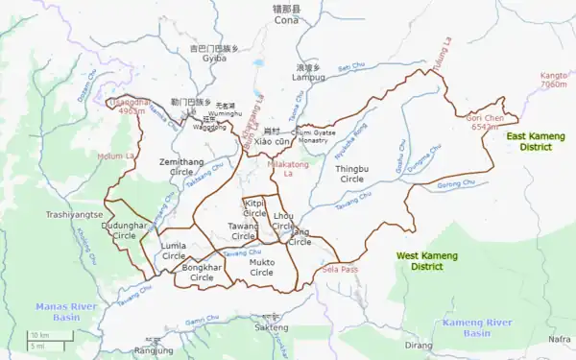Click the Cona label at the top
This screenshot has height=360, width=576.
[286, 20]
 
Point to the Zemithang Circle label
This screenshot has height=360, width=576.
[181, 168]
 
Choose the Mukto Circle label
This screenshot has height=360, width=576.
[261, 267]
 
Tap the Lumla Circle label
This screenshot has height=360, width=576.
[174, 252]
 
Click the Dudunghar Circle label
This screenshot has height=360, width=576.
[125, 230]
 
